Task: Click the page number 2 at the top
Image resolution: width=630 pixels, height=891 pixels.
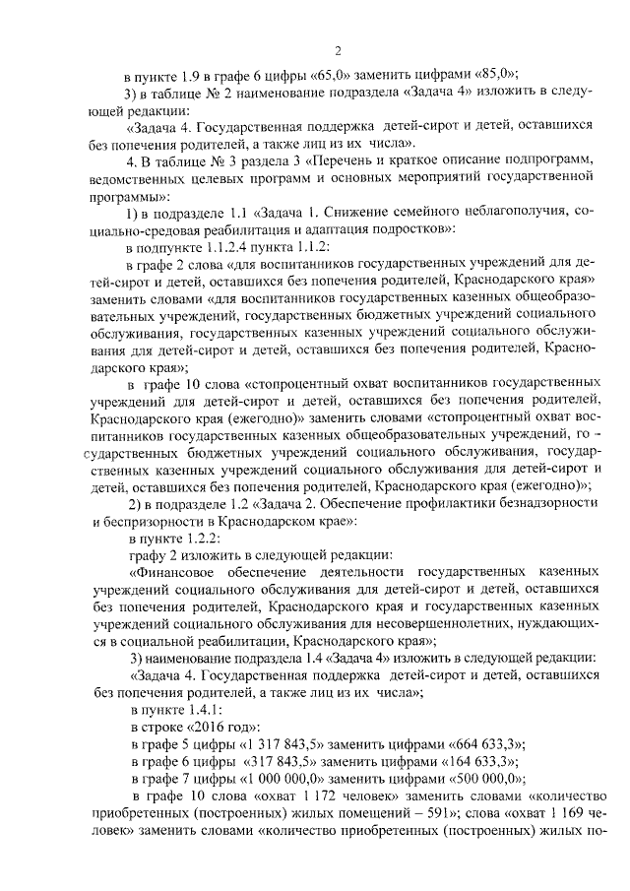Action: pos(337,50)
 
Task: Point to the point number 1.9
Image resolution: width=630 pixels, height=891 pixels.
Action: pos(193,76)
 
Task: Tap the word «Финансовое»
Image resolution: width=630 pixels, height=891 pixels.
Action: pos(174,572)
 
